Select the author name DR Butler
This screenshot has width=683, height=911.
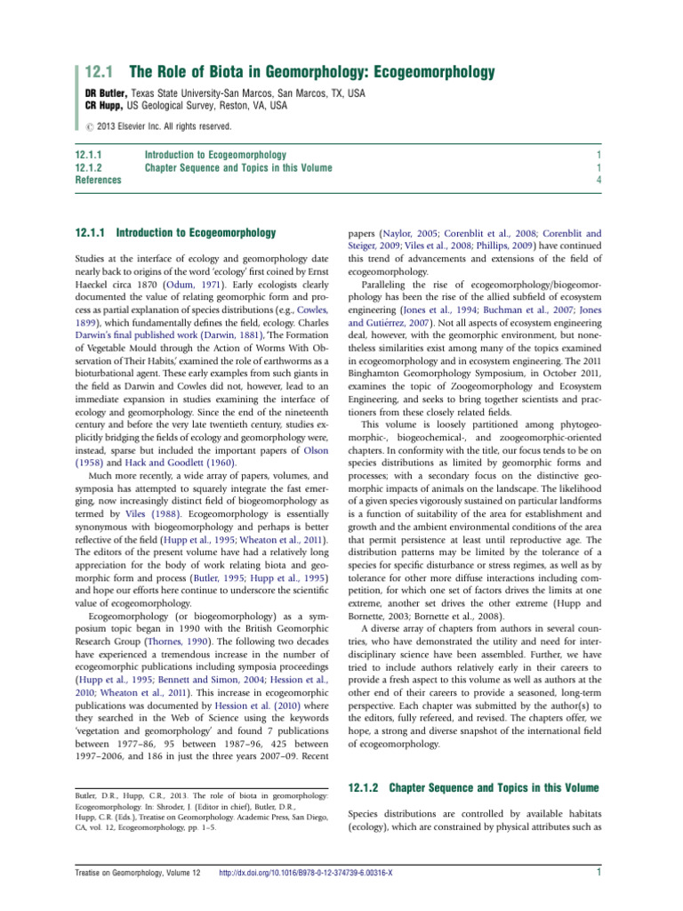[x=111, y=93]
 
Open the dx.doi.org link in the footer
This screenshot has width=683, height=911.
[x=306, y=873]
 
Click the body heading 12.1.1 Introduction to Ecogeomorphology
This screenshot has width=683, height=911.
[x=175, y=234]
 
